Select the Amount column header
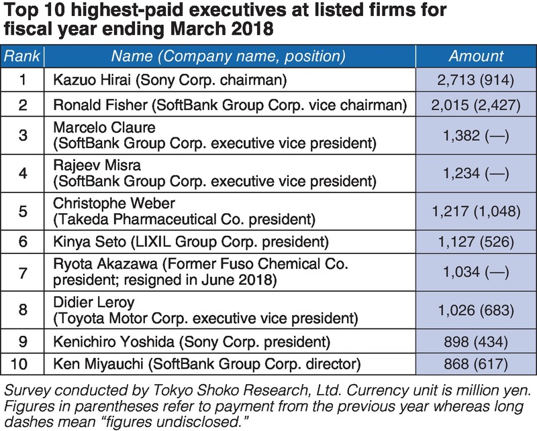[476, 57]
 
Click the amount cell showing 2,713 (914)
[476, 81]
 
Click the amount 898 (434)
[476, 342]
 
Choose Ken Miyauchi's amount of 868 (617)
[476, 365]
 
